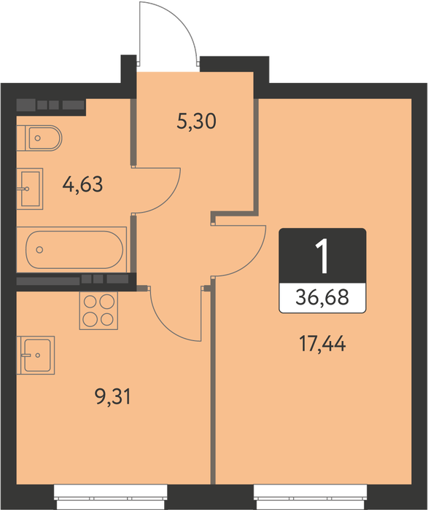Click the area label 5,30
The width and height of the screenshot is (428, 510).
tap(197, 122)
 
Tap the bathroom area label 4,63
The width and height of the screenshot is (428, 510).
tap(82, 184)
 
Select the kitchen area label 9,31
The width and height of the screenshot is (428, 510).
tap(113, 397)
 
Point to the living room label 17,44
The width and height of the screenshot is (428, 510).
tap(322, 344)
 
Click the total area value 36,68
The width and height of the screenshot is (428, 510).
tap(322, 297)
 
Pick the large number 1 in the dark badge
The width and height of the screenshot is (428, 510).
tap(322, 256)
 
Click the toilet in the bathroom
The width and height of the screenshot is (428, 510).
tap(39, 138)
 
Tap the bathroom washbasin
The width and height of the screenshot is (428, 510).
tap(30, 189)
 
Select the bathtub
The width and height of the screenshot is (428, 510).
tap(71, 250)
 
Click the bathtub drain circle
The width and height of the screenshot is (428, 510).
tap(39, 250)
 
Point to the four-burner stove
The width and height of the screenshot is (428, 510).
tap(98, 310)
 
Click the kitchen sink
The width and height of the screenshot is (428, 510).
tap(36, 356)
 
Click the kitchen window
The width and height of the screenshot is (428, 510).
tap(111, 497)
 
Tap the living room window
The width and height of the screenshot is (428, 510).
tap(311, 497)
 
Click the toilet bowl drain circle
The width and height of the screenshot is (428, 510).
tap(38, 138)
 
